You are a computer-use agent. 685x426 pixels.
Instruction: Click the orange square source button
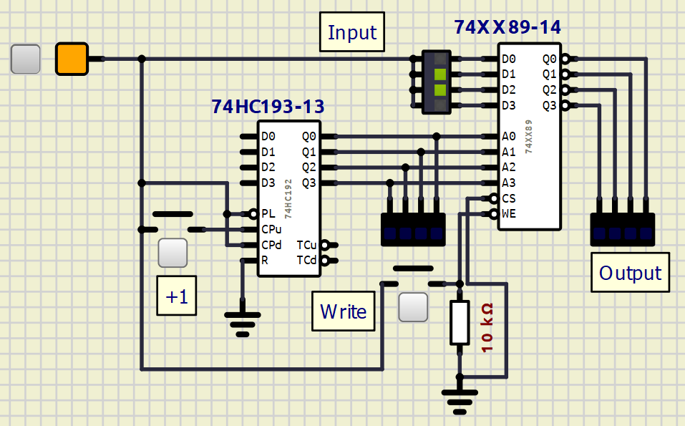click(x=72, y=59)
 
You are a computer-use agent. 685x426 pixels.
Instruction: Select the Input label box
click(x=352, y=32)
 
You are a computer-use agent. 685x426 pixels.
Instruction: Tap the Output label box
click(x=630, y=272)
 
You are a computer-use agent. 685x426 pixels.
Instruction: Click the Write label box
click(x=344, y=311)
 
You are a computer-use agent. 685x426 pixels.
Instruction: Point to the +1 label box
click(x=177, y=296)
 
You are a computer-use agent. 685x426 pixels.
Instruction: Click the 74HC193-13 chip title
click(x=268, y=107)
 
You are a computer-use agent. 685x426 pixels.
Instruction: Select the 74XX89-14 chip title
click(x=507, y=27)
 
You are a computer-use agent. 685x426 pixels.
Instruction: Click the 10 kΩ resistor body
click(x=460, y=322)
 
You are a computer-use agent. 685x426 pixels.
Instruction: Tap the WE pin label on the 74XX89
click(x=509, y=213)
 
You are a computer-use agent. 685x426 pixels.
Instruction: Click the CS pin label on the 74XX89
click(x=509, y=198)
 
